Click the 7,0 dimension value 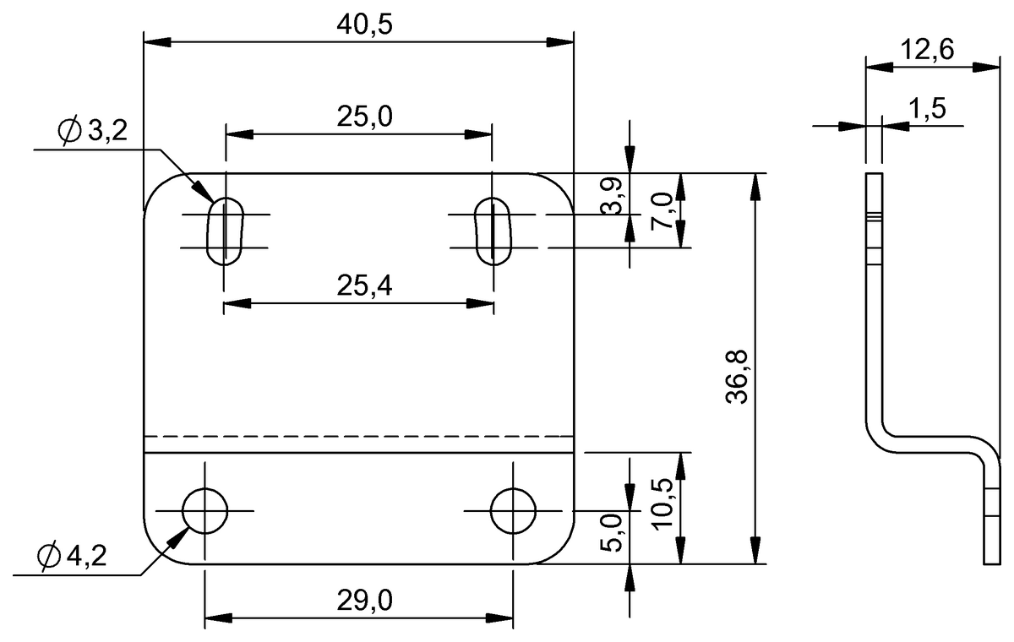663,211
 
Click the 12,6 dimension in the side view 926,51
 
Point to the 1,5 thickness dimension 927,108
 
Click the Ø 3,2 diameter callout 91,131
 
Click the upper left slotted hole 225,231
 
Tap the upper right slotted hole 493,231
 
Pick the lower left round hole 205,510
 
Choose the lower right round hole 513,510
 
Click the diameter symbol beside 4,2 48,556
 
